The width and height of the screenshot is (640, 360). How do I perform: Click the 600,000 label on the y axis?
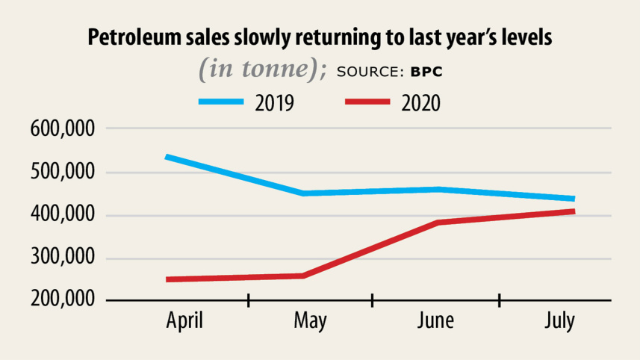pos(63,128)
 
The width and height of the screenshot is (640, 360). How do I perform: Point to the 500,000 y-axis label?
pos(63,173)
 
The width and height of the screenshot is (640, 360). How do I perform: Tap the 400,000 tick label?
pos(63,216)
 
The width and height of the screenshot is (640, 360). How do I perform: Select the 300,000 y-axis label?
pos(63,259)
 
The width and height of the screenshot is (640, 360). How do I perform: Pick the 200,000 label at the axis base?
pos(63,300)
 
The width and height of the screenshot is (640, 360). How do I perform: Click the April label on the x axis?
pos(185,322)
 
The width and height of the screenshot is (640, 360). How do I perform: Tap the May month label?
pos(310,322)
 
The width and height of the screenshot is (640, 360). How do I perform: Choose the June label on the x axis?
pos(435,322)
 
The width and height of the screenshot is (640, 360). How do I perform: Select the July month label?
pos(559,322)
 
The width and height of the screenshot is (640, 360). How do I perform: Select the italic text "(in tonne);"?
pos(262,69)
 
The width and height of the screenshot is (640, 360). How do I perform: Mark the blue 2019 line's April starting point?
pos(167,157)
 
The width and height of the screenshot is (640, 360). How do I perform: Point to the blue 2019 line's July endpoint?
pos(573,199)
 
